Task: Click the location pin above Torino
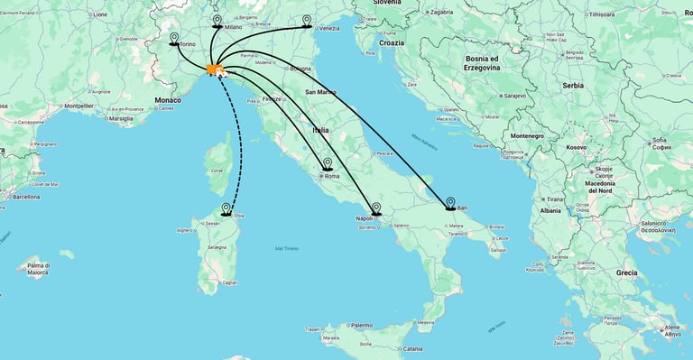[174, 38]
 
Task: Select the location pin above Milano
[217, 21]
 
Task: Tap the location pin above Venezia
[308, 21]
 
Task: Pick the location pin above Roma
[328, 164]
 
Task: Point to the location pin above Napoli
[376, 208]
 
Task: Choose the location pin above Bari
[450, 203]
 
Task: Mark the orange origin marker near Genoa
[215, 69]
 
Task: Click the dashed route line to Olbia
[241, 144]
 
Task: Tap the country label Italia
[320, 131]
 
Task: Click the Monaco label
[168, 100]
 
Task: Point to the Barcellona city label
[24, 196]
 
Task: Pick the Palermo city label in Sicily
[361, 325]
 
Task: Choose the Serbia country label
[572, 85]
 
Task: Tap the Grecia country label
[626, 272]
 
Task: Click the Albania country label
[550, 210]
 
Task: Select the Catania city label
[412, 348]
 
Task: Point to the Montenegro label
[527, 135]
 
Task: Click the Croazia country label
[392, 42]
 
